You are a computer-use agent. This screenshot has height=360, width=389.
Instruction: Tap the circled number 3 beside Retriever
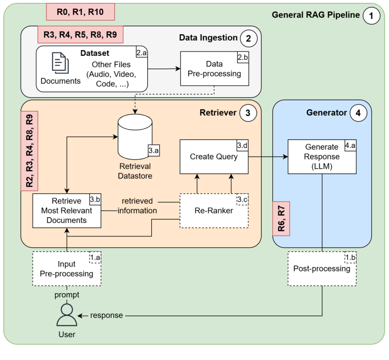pyautogui.click(x=247, y=113)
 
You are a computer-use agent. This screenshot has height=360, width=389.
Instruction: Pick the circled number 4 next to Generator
pyautogui.click(x=358, y=113)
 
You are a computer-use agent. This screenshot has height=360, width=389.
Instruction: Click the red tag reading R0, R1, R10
pyautogui.click(x=80, y=11)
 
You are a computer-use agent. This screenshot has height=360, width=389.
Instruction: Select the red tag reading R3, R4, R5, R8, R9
pyautogui.click(x=80, y=35)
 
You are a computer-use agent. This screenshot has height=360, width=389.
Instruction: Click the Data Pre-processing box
pyautogui.click(x=214, y=69)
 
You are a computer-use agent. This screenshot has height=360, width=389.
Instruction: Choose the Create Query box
pyautogui.click(x=214, y=156)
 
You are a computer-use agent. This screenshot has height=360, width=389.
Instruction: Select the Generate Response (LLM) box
pyautogui.click(x=322, y=156)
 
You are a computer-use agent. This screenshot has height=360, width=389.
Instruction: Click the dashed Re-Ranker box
pyautogui.click(x=214, y=211)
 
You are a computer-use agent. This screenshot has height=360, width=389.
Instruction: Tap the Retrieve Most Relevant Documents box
pyautogui.click(x=66, y=210)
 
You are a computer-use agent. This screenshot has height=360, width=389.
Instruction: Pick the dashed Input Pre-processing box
pyautogui.click(x=66, y=269)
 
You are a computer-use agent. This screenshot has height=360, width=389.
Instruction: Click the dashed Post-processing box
pyautogui.click(x=322, y=269)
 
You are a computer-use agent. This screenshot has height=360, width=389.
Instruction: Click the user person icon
pyautogui.click(x=67, y=315)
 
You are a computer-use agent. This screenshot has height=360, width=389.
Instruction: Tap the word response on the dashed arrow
pyautogui.click(x=106, y=315)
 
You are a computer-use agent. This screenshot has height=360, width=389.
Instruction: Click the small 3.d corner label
pyautogui.click(x=242, y=145)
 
